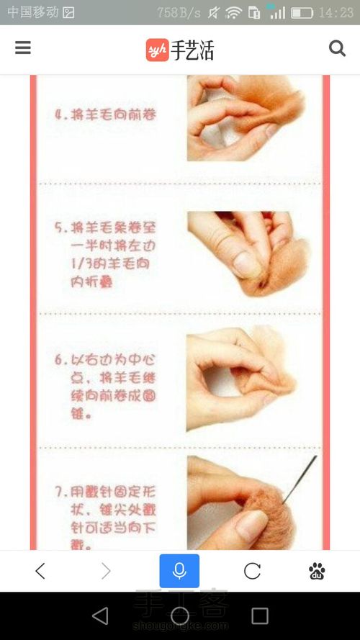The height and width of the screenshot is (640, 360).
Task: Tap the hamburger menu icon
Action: click(x=23, y=48)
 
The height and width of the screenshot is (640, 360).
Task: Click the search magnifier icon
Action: click(x=337, y=48)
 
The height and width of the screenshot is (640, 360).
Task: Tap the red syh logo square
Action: click(x=157, y=49)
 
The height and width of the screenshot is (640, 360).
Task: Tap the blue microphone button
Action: click(x=179, y=571)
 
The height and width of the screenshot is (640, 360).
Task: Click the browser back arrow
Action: click(x=40, y=571)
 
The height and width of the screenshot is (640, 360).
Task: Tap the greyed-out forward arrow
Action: click(x=106, y=571)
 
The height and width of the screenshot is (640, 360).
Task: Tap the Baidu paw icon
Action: click(x=317, y=571)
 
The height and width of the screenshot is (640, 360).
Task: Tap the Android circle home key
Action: click(x=180, y=616)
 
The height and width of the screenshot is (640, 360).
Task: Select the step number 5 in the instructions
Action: click(x=59, y=227)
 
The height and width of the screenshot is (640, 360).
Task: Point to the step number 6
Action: click(x=59, y=359)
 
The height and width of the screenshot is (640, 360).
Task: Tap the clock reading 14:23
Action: click(x=336, y=12)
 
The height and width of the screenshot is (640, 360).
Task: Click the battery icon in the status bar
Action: click(x=302, y=12)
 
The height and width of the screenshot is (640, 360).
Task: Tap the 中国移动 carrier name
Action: click(x=32, y=12)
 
